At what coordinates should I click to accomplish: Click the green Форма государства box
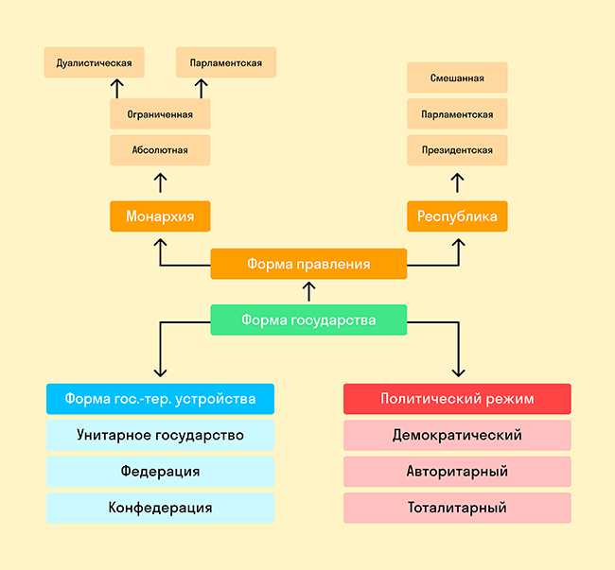(308, 320)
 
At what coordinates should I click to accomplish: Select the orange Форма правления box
(308, 264)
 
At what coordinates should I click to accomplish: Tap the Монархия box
(160, 216)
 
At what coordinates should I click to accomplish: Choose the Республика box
(457, 216)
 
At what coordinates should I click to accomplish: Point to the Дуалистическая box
(94, 63)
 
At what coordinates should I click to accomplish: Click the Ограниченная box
(160, 114)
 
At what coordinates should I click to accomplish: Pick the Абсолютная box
(160, 149)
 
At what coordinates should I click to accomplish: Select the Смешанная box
(457, 78)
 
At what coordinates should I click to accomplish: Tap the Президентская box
(457, 149)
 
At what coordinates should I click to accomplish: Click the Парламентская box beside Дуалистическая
(226, 63)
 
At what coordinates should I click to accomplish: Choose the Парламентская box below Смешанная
(457, 114)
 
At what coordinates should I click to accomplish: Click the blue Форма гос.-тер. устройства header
(160, 399)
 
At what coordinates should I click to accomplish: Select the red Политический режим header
(457, 399)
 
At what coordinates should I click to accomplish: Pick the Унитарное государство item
(160, 435)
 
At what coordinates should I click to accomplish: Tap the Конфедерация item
(160, 508)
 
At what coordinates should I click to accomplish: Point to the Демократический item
(457, 435)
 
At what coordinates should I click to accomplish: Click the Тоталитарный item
(457, 508)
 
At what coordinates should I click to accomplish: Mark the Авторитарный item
(457, 471)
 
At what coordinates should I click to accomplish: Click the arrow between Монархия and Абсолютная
(160, 182)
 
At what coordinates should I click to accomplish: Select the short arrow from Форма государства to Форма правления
(308, 292)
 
